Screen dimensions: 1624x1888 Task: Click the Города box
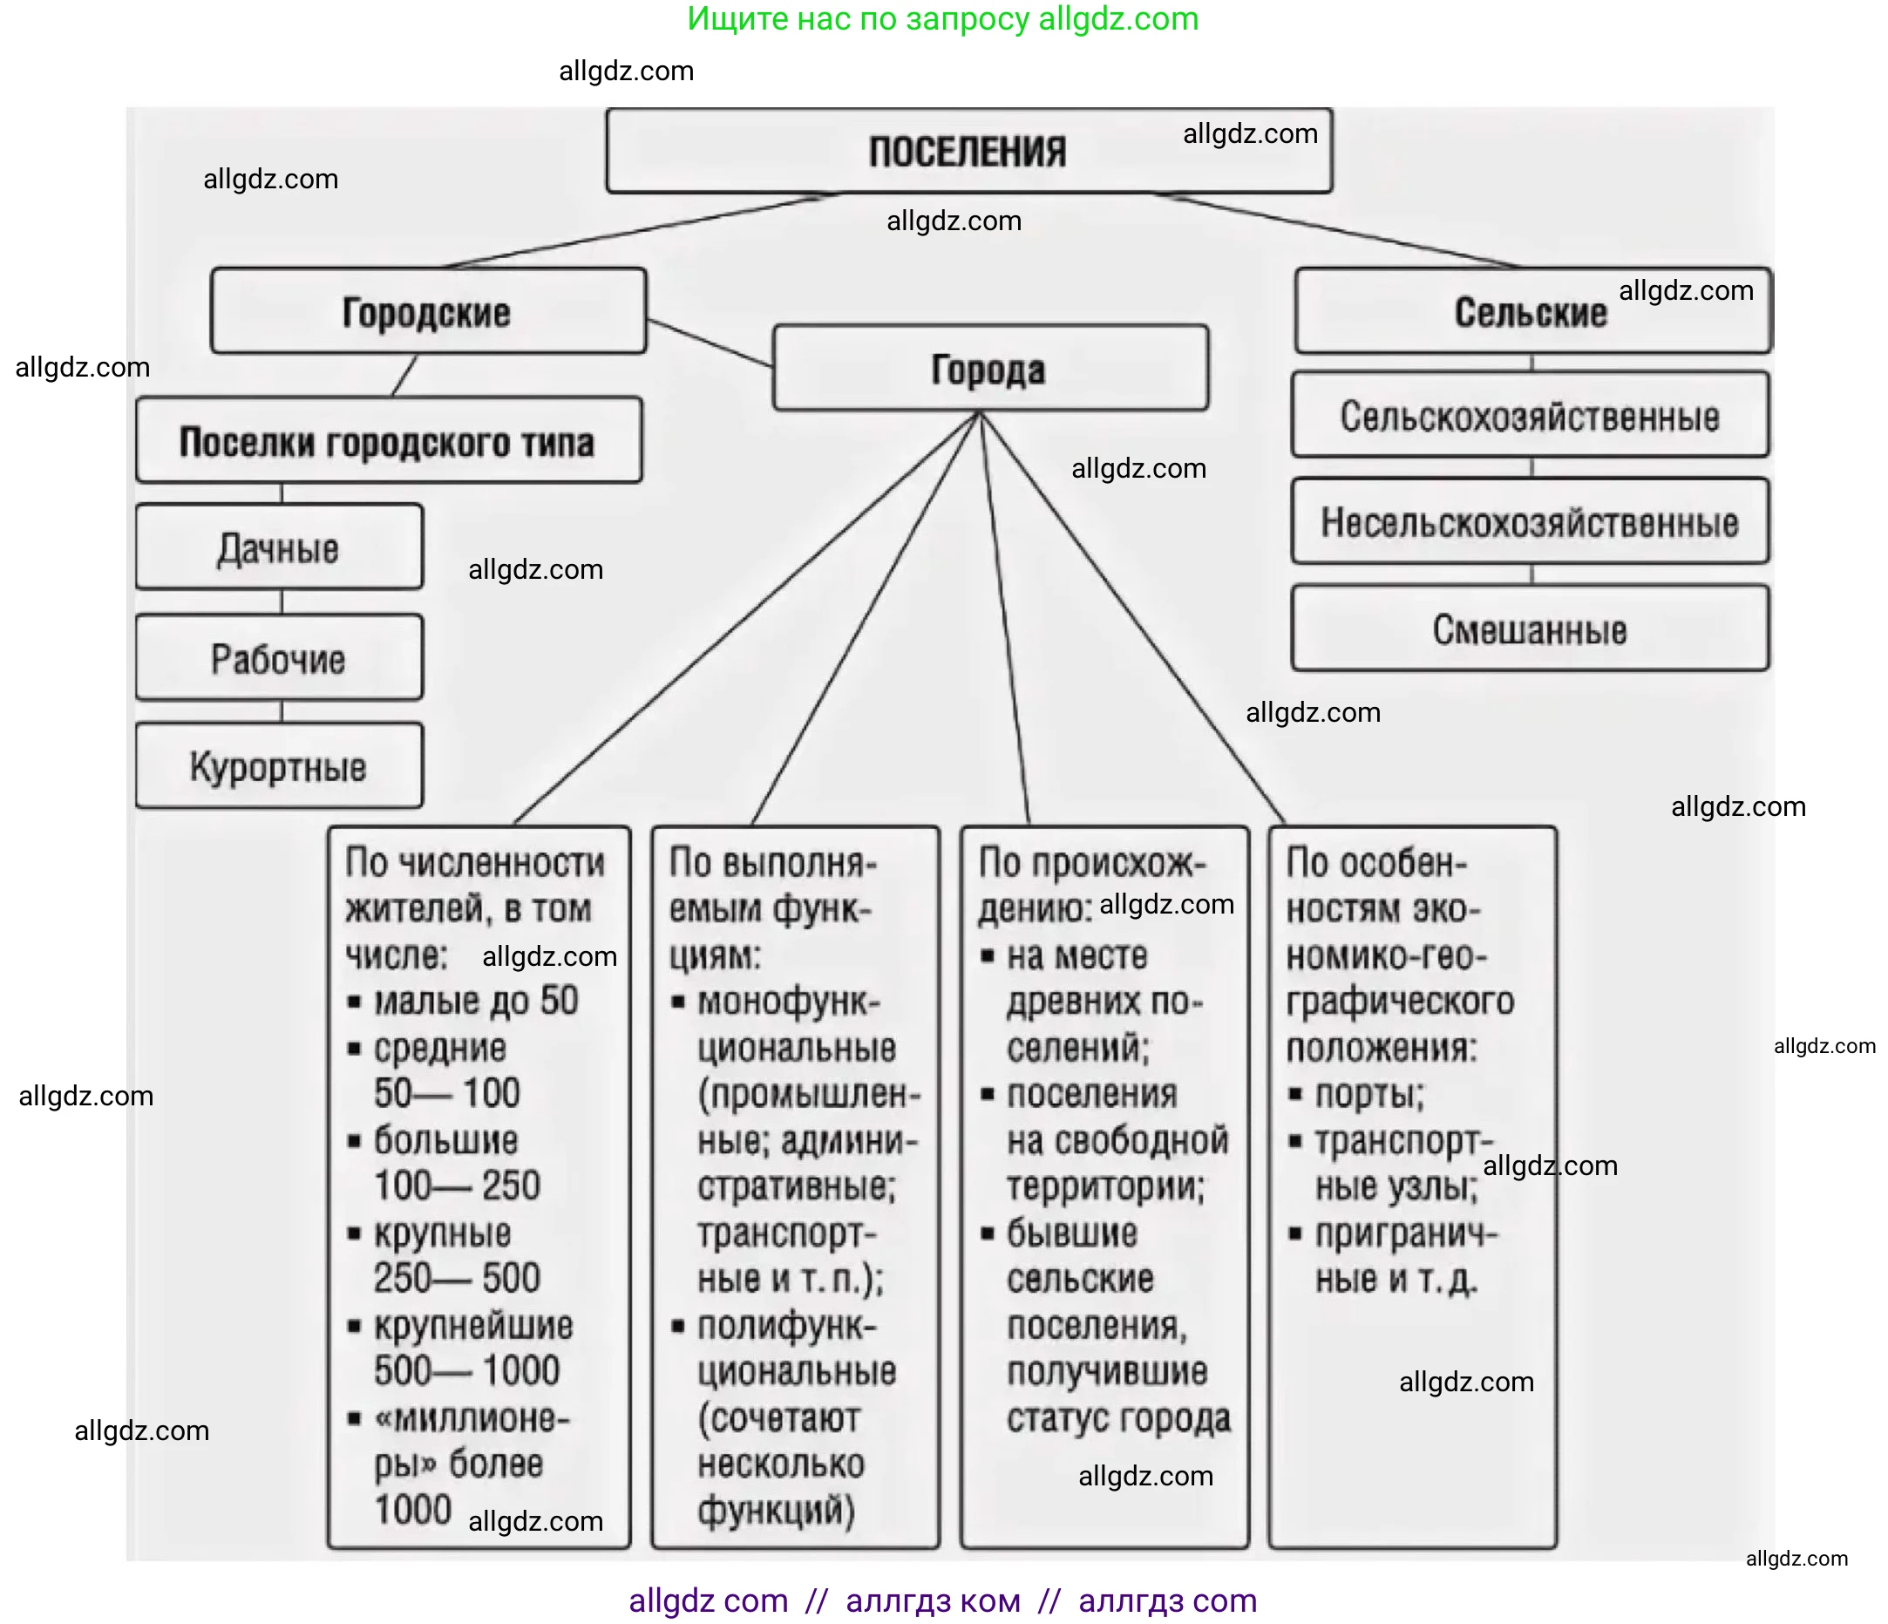click(x=989, y=369)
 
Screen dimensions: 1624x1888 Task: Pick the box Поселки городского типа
click(x=387, y=441)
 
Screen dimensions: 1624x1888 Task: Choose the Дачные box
click(x=279, y=547)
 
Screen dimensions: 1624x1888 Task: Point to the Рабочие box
click(x=279, y=658)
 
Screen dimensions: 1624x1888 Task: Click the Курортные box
click(x=279, y=766)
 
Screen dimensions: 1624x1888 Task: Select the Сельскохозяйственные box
click(x=1530, y=416)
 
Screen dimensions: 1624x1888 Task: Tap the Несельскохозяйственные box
click(x=1530, y=522)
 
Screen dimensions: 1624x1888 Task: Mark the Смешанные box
click(x=1530, y=629)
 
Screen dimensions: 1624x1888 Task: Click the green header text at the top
click(x=943, y=19)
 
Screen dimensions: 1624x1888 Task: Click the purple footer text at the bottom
click(x=943, y=1600)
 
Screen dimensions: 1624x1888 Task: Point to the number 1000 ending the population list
click(x=413, y=1509)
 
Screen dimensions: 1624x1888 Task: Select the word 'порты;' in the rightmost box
click(x=1369, y=1094)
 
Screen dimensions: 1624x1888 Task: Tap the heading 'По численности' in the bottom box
click(x=475, y=862)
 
